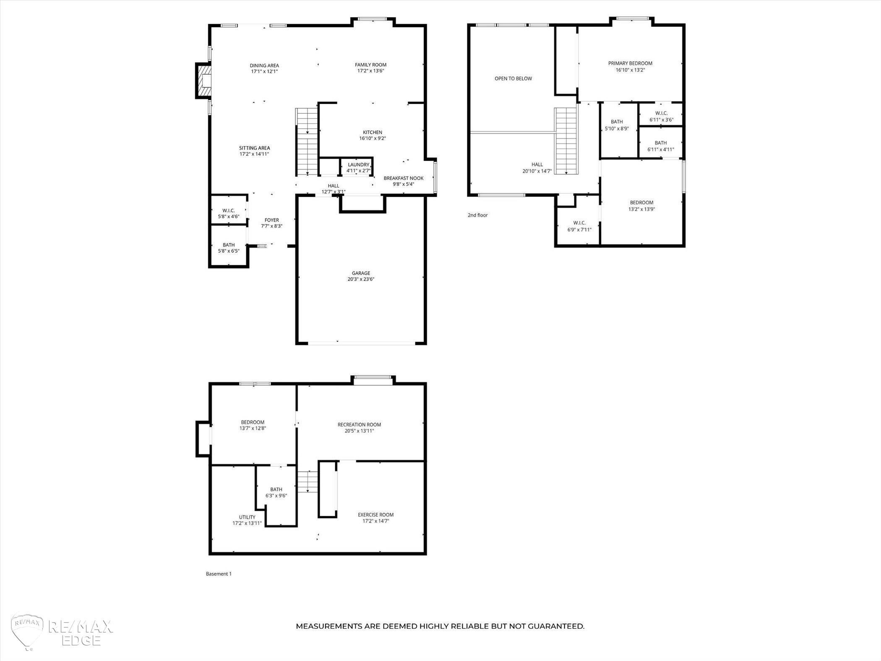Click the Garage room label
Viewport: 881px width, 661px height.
(x=361, y=273)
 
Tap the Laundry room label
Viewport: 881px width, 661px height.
(x=358, y=165)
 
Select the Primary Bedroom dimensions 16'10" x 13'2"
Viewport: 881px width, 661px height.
(x=630, y=70)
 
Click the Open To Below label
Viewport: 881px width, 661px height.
(x=513, y=78)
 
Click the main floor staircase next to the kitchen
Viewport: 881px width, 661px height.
(x=307, y=142)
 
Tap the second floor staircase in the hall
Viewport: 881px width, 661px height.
(x=566, y=141)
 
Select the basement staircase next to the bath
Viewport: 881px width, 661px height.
(x=308, y=481)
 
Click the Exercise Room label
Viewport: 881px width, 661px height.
(x=375, y=515)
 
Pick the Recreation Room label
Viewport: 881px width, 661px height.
(x=359, y=425)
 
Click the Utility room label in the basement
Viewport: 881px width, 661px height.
(x=247, y=517)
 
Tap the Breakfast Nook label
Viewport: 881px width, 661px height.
(x=403, y=178)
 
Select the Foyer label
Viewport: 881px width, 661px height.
(x=271, y=220)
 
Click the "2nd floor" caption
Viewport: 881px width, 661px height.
(x=477, y=215)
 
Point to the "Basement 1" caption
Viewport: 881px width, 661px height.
(x=219, y=574)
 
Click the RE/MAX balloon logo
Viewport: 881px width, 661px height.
(x=27, y=632)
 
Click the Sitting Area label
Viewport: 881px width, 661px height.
(x=254, y=148)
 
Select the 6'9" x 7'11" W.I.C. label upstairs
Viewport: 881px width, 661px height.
(x=579, y=226)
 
